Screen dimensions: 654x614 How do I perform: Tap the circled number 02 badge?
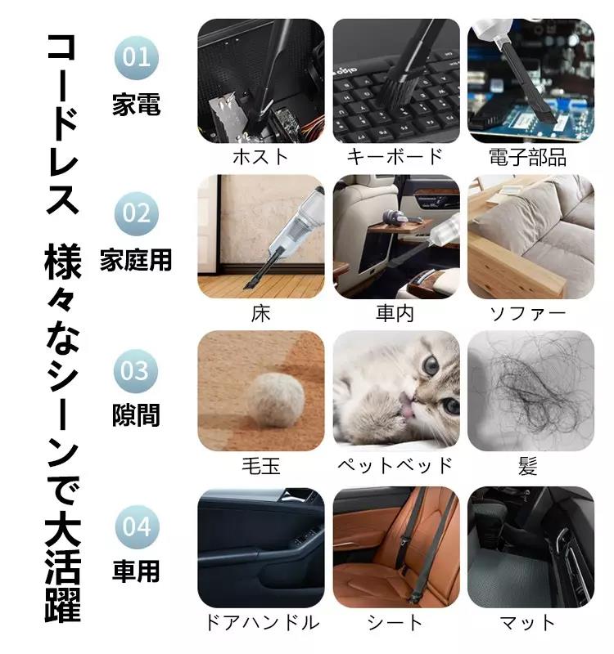click(x=136, y=213)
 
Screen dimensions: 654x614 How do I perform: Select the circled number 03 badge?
click(x=136, y=370)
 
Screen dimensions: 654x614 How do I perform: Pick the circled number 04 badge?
click(x=136, y=526)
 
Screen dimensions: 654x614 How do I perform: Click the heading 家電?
click(x=136, y=105)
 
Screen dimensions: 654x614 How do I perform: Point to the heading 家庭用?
click(x=136, y=260)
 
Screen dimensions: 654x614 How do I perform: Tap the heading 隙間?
click(x=136, y=416)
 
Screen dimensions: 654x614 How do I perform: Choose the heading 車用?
click(x=136, y=571)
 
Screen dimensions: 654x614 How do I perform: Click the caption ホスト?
click(x=260, y=156)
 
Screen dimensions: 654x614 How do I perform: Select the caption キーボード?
click(x=395, y=156)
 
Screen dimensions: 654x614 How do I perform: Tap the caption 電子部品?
click(x=529, y=156)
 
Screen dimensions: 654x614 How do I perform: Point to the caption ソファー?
click(x=529, y=311)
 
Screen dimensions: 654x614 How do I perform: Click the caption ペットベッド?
click(x=395, y=466)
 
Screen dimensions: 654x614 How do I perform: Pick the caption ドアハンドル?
click(x=260, y=622)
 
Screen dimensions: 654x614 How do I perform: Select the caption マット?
click(x=529, y=622)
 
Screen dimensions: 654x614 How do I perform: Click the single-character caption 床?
click(x=260, y=311)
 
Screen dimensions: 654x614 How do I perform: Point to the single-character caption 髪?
click(x=529, y=466)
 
